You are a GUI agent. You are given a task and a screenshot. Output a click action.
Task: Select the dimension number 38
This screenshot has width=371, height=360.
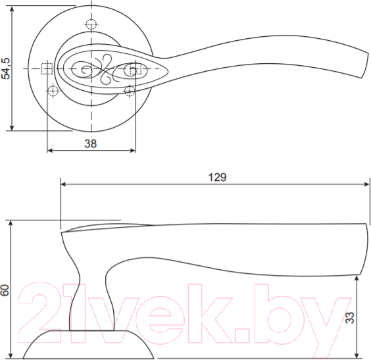tap(91, 143)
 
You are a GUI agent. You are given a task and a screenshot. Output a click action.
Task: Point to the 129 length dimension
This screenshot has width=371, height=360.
tap(216, 177)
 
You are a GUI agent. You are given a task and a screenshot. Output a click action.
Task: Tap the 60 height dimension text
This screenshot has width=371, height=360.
tap(6, 290)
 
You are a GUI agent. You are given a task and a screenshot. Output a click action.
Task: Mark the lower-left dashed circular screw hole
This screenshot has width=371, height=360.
tap(53, 90)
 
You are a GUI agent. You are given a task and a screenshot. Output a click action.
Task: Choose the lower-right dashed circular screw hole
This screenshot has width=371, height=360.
tap(130, 90)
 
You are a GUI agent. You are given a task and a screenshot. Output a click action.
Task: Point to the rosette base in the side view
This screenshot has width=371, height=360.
tap(92, 346)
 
